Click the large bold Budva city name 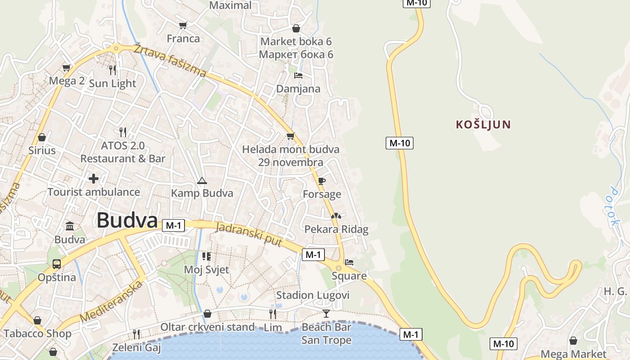(127, 221)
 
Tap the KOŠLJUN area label (483, 125)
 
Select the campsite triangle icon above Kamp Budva (202, 181)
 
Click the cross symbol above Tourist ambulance (94, 179)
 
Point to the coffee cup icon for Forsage (321, 181)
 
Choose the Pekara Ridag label (336, 229)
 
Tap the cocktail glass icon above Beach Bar (326, 314)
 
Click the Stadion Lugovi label (313, 295)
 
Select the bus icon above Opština (57, 264)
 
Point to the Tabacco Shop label (37, 333)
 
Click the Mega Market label (573, 354)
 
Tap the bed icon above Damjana (298, 76)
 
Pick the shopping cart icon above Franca (183, 25)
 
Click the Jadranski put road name (249, 235)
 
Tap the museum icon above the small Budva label (70, 226)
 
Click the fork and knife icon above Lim (273, 314)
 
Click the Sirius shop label (42, 150)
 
